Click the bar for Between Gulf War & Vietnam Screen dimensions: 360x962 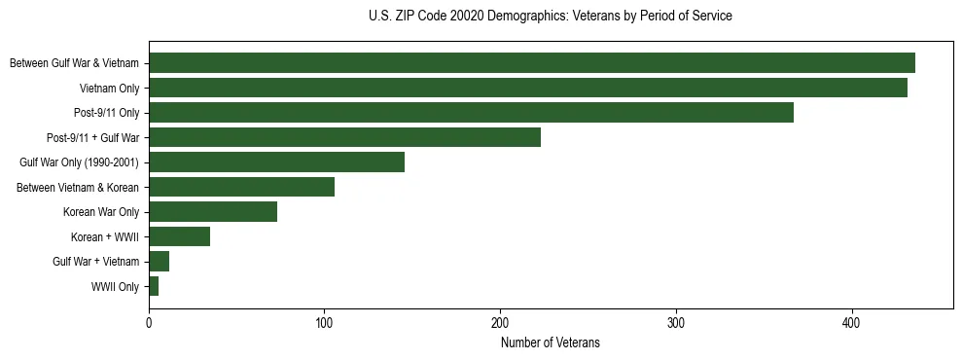(x=531, y=63)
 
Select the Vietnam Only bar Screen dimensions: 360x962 (x=527, y=88)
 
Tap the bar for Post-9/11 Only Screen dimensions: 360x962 (x=471, y=113)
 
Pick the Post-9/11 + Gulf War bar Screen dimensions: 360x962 (x=344, y=137)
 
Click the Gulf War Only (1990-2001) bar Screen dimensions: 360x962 (x=276, y=162)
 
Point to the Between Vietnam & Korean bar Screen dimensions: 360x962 (x=241, y=187)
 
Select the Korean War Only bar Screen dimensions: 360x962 (x=213, y=212)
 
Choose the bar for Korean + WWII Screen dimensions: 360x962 (x=179, y=236)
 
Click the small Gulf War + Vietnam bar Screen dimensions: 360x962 (x=159, y=262)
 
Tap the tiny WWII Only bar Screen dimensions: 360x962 (x=154, y=286)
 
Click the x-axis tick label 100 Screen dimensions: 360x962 (x=324, y=322)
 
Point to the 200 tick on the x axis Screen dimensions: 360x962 (x=500, y=322)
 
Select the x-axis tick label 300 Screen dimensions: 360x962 (x=676, y=322)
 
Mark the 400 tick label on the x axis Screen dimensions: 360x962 (x=851, y=322)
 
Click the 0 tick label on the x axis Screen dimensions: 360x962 (x=149, y=322)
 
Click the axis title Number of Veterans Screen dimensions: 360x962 (x=550, y=343)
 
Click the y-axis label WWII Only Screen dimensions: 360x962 (x=115, y=287)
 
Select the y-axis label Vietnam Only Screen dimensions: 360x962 (x=109, y=89)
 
